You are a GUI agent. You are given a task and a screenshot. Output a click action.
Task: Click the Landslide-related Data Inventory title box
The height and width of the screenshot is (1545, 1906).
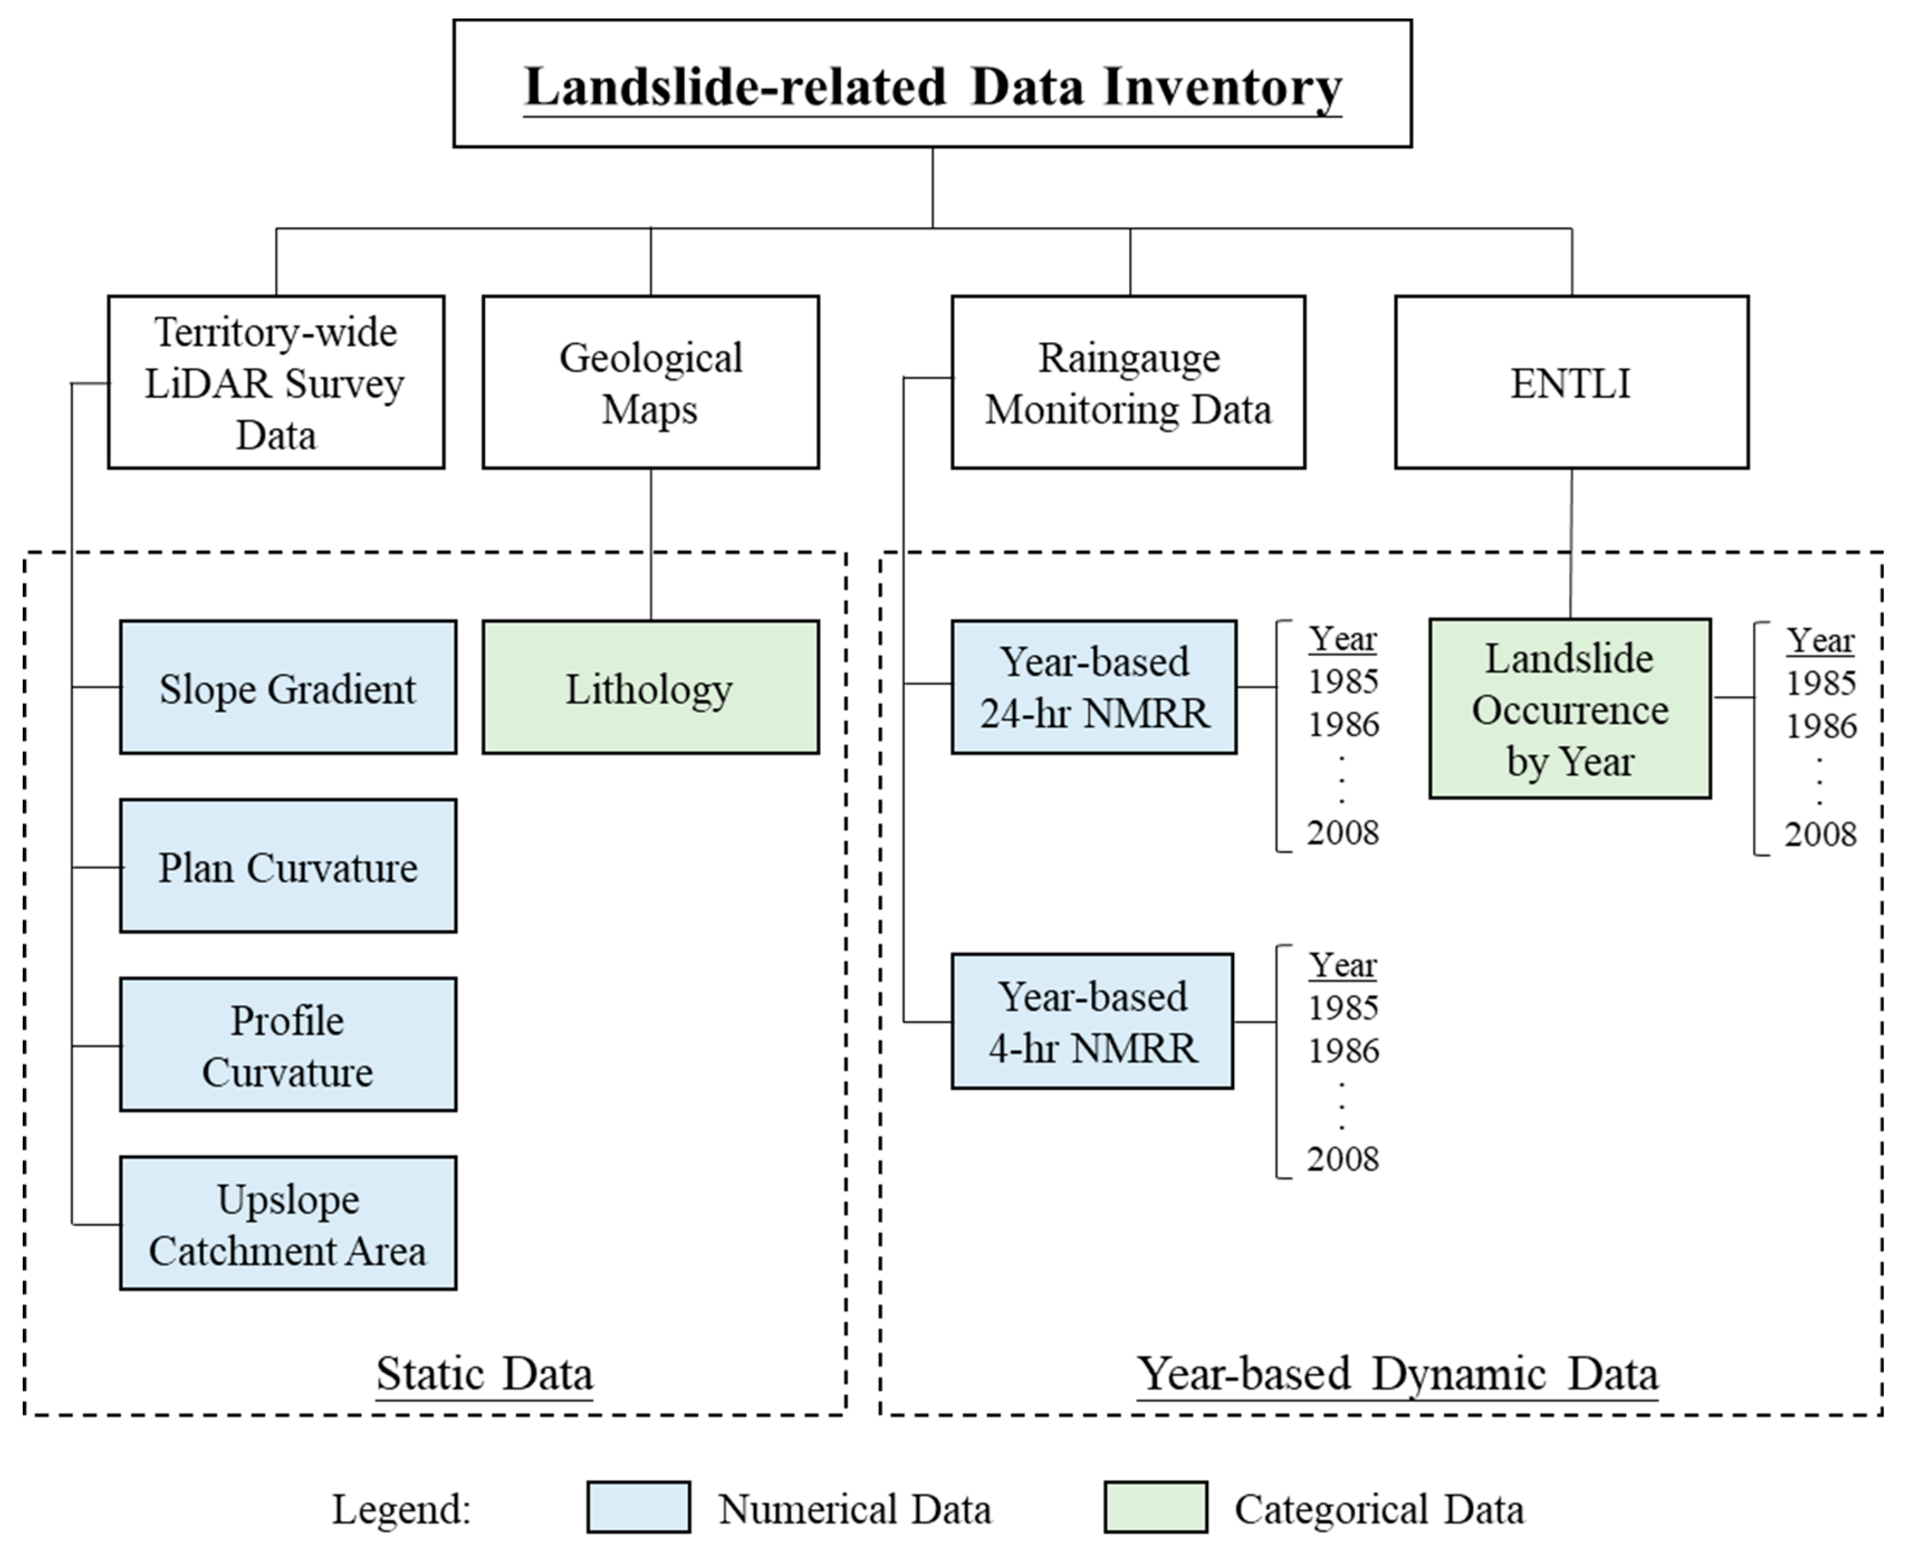(x=932, y=84)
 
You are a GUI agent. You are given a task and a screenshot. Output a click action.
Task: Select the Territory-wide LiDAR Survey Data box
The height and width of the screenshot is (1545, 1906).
(x=276, y=383)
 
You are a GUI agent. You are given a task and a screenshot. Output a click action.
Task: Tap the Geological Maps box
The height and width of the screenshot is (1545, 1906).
(x=651, y=383)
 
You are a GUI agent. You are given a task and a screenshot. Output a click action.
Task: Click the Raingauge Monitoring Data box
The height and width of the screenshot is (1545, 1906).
(x=1128, y=383)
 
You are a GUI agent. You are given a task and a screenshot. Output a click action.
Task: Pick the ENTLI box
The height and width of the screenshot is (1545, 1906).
(x=1571, y=383)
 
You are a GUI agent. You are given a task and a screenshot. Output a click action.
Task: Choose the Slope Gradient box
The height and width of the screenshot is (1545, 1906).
(x=287, y=688)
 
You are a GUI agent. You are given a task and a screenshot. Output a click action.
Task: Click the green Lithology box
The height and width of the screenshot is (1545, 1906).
(x=651, y=688)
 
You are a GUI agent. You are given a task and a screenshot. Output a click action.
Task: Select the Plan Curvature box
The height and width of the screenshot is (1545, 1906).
(x=287, y=867)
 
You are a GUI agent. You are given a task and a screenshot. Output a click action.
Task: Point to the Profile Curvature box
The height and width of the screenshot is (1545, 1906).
(x=287, y=1045)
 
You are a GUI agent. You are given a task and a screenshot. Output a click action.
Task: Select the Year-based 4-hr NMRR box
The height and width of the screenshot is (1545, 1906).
(x=1092, y=1022)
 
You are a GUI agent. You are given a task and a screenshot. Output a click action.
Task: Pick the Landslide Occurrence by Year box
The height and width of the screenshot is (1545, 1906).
(x=1569, y=709)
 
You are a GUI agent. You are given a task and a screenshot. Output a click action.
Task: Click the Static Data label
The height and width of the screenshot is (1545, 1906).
(x=484, y=1373)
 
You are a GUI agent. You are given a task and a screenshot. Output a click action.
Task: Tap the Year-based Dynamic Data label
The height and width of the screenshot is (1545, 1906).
(x=1398, y=1373)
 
